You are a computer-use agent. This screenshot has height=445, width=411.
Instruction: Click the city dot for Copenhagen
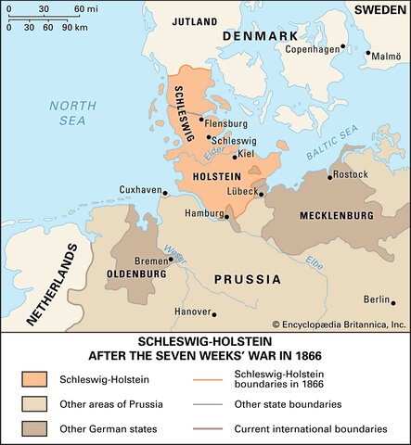point(343,44)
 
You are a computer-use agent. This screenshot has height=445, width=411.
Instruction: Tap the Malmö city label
point(388,56)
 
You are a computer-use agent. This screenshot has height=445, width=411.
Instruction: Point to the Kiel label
point(246,154)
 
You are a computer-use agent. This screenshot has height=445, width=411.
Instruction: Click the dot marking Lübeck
point(262,194)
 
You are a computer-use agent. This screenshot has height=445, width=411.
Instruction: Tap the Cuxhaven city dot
point(164,194)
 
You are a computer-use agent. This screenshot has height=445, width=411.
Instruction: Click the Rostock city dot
point(331,173)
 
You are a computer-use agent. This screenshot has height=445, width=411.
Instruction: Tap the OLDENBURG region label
point(136,274)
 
